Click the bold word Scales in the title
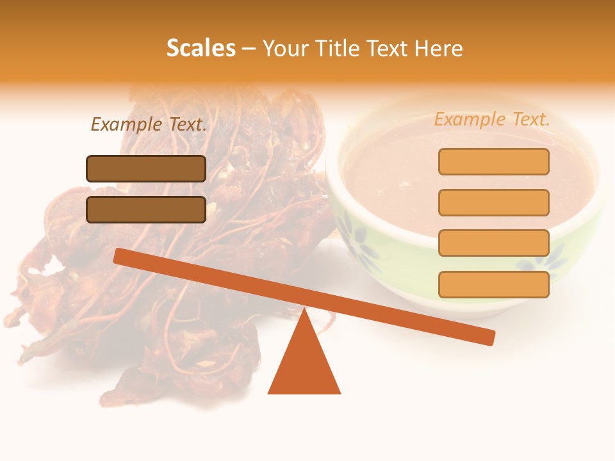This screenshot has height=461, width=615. click(x=201, y=48)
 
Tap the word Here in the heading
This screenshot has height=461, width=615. click(x=438, y=48)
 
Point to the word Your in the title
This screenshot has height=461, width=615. click(x=286, y=49)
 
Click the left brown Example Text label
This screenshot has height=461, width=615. click(x=149, y=125)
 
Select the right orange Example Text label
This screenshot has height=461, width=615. click(x=492, y=119)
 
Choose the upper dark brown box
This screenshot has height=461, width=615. click(x=146, y=168)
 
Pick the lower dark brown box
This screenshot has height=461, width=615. click(x=146, y=209)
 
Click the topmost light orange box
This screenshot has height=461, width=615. click(x=493, y=161)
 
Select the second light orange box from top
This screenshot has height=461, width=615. click(x=493, y=202)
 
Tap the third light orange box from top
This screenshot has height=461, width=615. click(x=493, y=243)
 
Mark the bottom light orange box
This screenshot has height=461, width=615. click(x=493, y=284)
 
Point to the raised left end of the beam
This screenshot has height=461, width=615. click(x=122, y=256)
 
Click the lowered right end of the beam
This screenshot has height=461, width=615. click(x=487, y=337)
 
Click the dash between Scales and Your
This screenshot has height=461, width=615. click(x=249, y=49)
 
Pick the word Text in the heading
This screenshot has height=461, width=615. click(x=390, y=48)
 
